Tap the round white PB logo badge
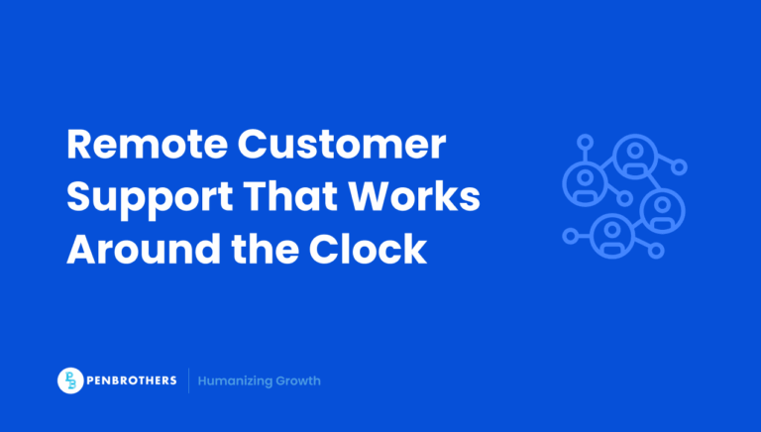tap(71, 380)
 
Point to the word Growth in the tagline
tap(300, 380)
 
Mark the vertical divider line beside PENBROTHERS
tap(188, 380)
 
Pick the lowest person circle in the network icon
tap(611, 235)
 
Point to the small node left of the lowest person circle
tap(570, 236)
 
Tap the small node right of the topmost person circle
tap(679, 167)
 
